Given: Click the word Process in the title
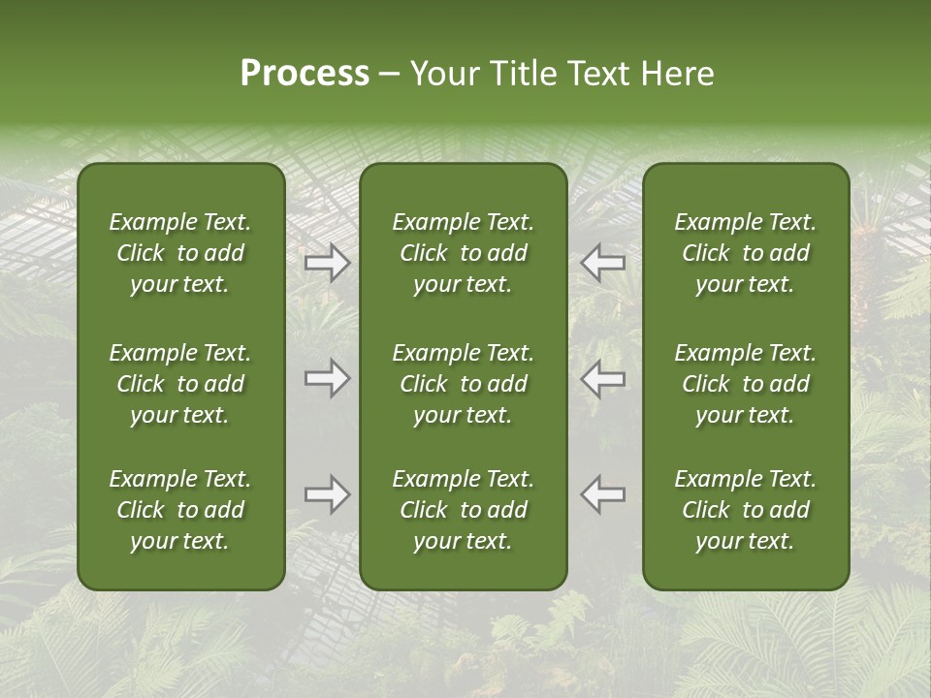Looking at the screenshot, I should [x=305, y=74].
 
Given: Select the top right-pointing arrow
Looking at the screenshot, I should [x=328, y=263].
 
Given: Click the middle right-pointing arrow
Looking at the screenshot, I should [x=328, y=379].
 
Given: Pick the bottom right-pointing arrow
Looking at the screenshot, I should [x=328, y=494].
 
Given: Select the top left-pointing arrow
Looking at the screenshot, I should [x=603, y=263].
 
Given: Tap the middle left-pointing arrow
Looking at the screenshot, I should [x=603, y=379].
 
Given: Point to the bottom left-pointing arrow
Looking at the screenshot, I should [x=603, y=494].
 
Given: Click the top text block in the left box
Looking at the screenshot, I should [x=180, y=253].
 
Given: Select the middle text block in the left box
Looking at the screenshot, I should [x=180, y=384].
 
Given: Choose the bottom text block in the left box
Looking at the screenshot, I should [x=180, y=510].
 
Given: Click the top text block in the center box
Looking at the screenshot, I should [x=463, y=253].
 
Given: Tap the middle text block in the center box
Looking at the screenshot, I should [x=463, y=384].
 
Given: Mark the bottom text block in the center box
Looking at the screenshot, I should [x=463, y=510].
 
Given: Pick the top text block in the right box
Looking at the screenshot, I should [x=745, y=253].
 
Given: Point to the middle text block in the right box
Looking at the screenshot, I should [x=745, y=384].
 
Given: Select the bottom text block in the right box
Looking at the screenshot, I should [x=745, y=510].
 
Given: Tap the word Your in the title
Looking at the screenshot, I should [x=443, y=74].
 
